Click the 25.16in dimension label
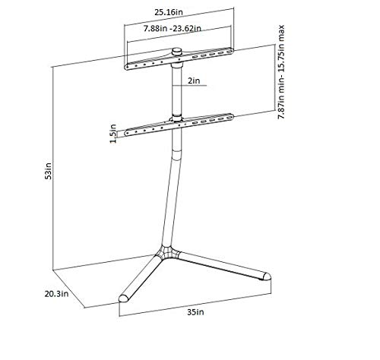[x=169, y=12]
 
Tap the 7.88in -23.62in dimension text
[x=173, y=28]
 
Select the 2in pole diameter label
[x=194, y=81]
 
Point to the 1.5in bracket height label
[x=113, y=134]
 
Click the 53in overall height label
[x=48, y=171]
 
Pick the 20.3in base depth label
[x=56, y=294]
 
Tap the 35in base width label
[x=195, y=312]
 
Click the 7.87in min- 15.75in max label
[x=281, y=71]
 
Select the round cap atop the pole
[x=176, y=52]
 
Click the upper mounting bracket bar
[x=179, y=59]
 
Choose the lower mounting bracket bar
[x=179, y=125]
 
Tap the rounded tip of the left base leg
[x=124, y=298]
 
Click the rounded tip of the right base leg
[x=266, y=276]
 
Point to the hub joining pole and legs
[x=166, y=252]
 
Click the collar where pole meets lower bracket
[x=176, y=118]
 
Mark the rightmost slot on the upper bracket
[x=230, y=52]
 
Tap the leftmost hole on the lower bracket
[x=128, y=133]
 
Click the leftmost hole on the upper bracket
[x=128, y=67]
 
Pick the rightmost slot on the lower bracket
[x=230, y=118]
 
